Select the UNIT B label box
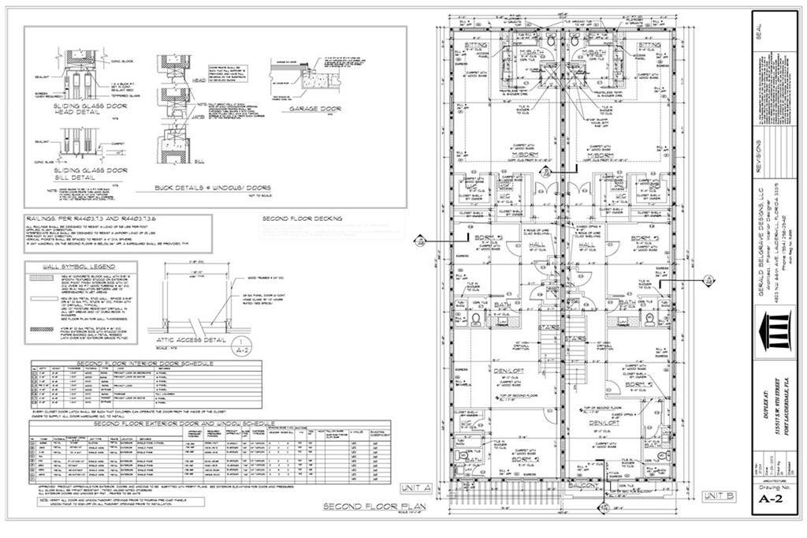pos(719,495)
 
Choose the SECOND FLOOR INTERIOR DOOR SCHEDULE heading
pos(122,364)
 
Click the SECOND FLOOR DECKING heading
pos(302,218)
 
